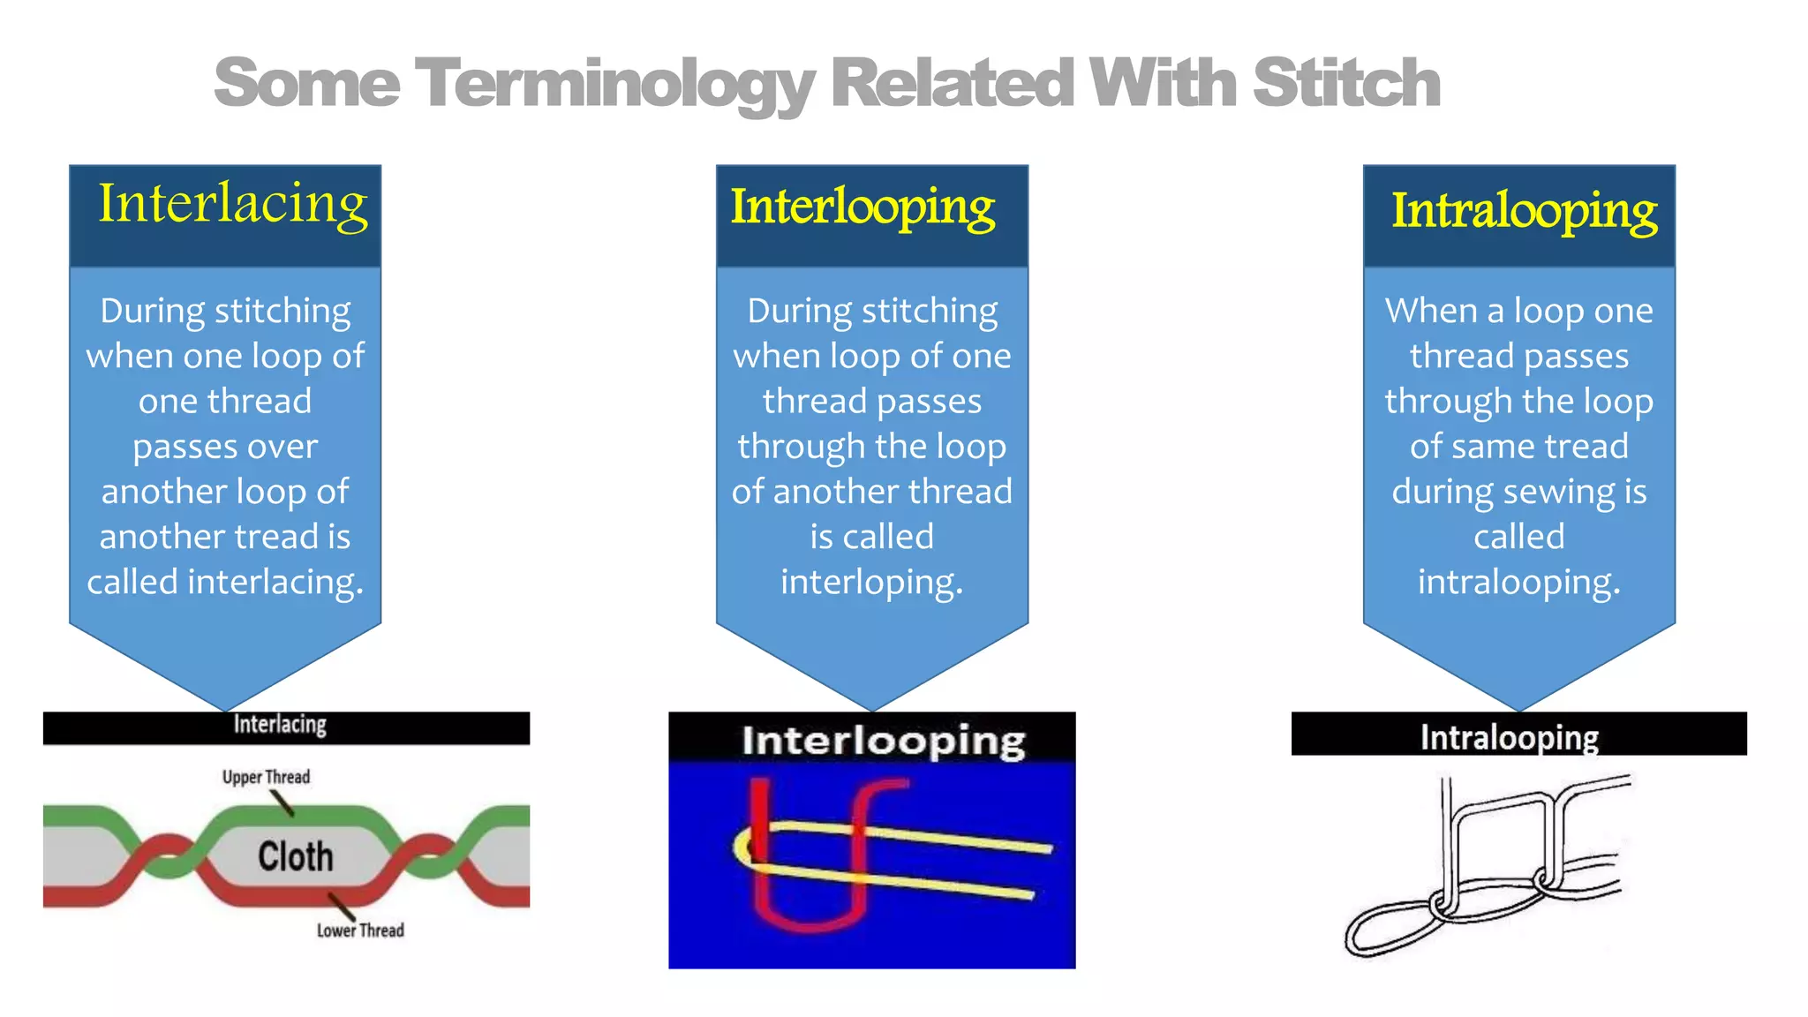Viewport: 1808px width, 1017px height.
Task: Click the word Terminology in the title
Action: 614,84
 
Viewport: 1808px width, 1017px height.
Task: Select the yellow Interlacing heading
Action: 232,205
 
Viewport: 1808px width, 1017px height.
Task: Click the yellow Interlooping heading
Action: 863,207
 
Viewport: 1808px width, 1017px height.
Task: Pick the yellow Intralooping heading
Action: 1524,212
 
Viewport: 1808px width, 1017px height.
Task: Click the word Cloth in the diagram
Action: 296,856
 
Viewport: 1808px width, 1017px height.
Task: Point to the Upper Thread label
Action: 266,777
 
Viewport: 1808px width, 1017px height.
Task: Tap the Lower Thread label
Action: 360,930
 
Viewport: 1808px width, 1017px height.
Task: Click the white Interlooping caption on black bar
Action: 883,740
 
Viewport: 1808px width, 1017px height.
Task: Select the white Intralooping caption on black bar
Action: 1509,736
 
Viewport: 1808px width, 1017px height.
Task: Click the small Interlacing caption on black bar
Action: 280,725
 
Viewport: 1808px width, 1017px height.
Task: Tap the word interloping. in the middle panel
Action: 871,582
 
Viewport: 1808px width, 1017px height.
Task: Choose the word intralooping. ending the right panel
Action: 1518,582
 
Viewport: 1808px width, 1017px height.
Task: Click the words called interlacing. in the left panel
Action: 225,582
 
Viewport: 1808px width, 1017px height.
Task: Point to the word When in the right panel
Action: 1430,311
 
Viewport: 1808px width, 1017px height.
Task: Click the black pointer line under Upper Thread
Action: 282,802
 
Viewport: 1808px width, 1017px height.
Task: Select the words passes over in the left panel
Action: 225,446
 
